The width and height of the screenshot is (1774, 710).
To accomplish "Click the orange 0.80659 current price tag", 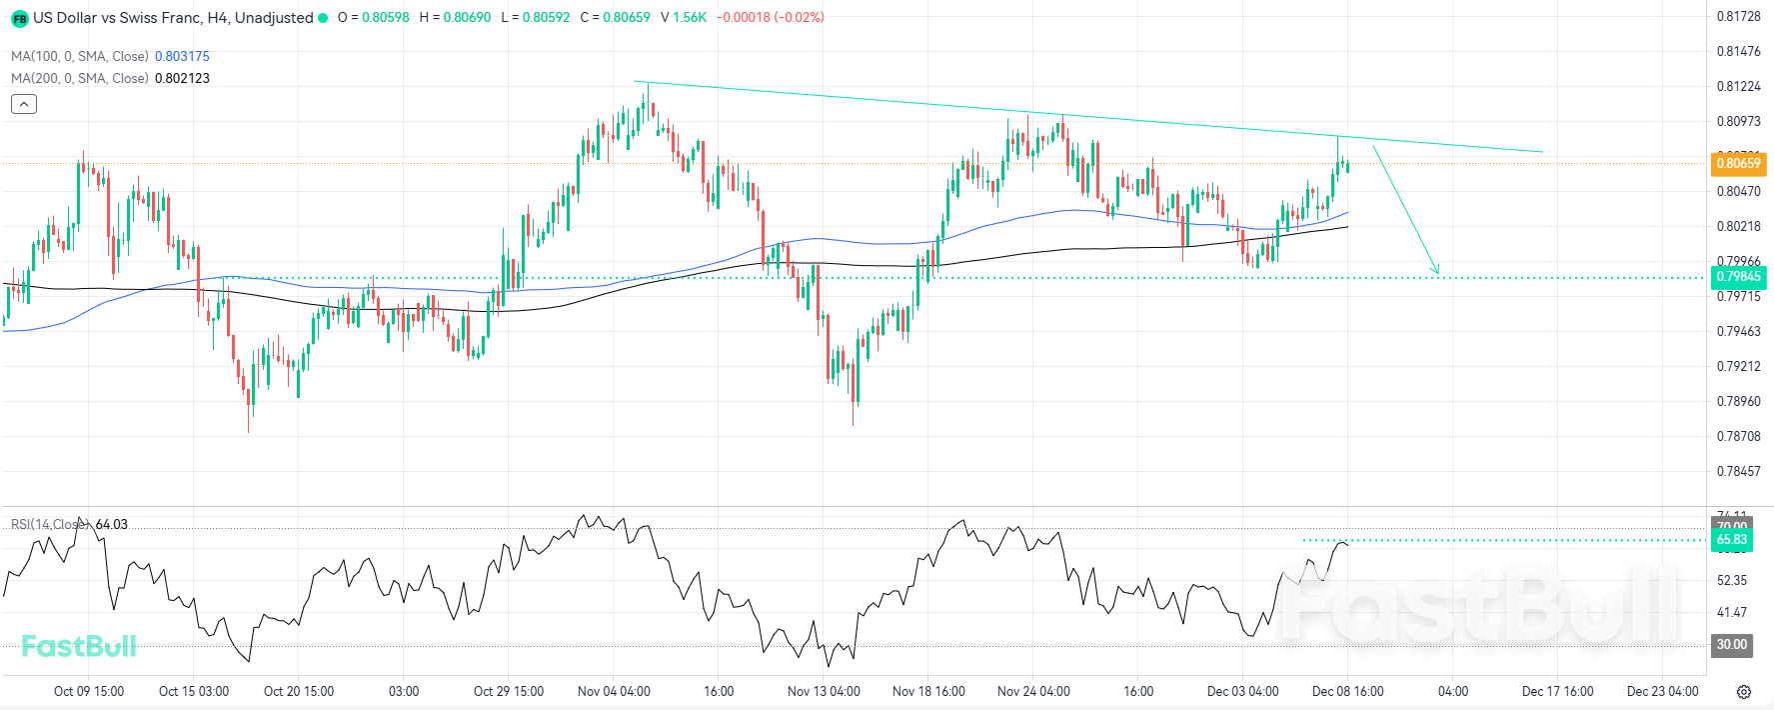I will (x=1738, y=163).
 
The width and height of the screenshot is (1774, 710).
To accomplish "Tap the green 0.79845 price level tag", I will (x=1738, y=277).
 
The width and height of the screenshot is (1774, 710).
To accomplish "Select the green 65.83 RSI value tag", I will (x=1732, y=540).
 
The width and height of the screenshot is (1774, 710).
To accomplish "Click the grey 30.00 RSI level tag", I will (x=1732, y=645).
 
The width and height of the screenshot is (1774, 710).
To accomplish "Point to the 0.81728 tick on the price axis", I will (x=1738, y=17).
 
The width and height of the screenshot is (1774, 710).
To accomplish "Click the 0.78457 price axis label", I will (x=1738, y=471).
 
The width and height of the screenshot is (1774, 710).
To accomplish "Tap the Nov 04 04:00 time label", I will (x=614, y=691).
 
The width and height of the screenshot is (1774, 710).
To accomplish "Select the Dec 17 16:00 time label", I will (x=1557, y=691).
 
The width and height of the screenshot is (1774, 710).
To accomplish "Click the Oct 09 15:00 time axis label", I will (x=89, y=691).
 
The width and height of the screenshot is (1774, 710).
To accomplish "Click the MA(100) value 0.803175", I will (x=182, y=57).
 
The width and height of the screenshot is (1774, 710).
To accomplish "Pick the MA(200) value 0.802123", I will (x=182, y=78).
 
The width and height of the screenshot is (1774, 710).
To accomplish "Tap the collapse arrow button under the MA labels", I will (x=24, y=104).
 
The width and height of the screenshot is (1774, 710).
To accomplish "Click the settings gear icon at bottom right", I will (x=1744, y=692).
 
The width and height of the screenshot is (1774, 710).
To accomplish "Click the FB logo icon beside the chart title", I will (x=20, y=18).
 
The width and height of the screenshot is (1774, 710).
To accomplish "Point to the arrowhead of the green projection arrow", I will (x=1437, y=272).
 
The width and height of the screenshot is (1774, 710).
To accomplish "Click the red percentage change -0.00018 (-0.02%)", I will (x=771, y=17).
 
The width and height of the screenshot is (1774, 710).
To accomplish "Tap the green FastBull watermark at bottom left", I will (x=79, y=646).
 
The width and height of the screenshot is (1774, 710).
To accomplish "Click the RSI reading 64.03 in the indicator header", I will (x=112, y=524).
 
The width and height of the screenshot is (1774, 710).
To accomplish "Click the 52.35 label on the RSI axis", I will (x=1732, y=580).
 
